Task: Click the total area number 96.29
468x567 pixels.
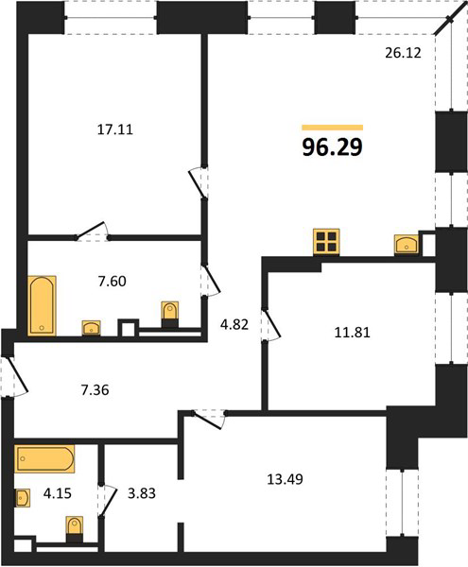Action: [333, 147]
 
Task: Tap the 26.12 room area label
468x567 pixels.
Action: [403, 53]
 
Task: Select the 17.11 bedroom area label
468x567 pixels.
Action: [115, 129]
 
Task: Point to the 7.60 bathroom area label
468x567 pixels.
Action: [113, 281]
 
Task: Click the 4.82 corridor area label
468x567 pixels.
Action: [234, 324]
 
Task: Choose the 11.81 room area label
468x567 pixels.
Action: [352, 333]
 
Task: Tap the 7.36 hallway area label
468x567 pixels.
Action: [95, 390]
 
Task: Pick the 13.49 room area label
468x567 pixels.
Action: [285, 479]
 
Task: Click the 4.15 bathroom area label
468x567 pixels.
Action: [57, 493]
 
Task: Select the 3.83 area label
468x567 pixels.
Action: [142, 493]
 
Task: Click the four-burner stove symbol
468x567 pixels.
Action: [326, 242]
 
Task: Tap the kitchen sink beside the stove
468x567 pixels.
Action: [407, 244]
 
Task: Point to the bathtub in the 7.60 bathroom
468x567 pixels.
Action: [42, 305]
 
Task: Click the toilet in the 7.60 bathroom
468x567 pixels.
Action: [169, 315]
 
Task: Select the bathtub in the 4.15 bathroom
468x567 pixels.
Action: [44, 458]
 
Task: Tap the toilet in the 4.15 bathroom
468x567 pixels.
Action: [75, 529]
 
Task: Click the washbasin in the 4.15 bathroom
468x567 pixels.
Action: [23, 498]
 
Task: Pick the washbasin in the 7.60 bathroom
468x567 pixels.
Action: [92, 328]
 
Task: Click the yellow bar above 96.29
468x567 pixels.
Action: [333, 128]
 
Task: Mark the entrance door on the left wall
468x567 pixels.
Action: [14, 377]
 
